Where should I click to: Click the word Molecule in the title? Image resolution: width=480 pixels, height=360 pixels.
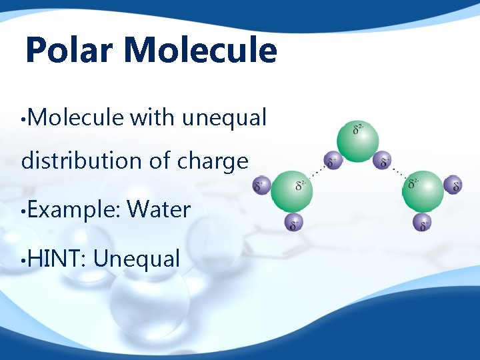click(x=200, y=51)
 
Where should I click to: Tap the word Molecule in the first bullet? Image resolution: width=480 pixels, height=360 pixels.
click(x=76, y=118)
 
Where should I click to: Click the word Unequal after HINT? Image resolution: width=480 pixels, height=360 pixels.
click(x=137, y=258)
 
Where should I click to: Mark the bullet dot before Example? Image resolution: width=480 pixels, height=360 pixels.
click(x=24, y=211)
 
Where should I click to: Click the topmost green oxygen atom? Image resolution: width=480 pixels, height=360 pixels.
click(x=357, y=140)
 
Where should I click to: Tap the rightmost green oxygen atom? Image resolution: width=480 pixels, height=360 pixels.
click(x=423, y=190)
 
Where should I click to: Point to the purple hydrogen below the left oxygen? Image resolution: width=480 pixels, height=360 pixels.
click(x=292, y=223)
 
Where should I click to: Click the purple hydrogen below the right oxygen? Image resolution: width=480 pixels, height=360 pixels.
click(x=422, y=223)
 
